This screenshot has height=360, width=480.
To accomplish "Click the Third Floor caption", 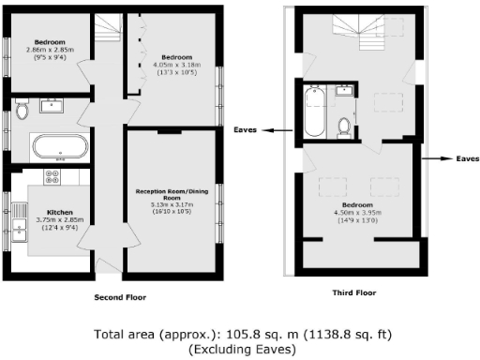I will [x=355, y=293].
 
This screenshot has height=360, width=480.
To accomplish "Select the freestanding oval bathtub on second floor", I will [x=60, y=146].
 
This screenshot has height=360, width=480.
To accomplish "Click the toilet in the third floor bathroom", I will [x=344, y=125].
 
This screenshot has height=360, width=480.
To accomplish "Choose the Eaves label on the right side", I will [x=467, y=159].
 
